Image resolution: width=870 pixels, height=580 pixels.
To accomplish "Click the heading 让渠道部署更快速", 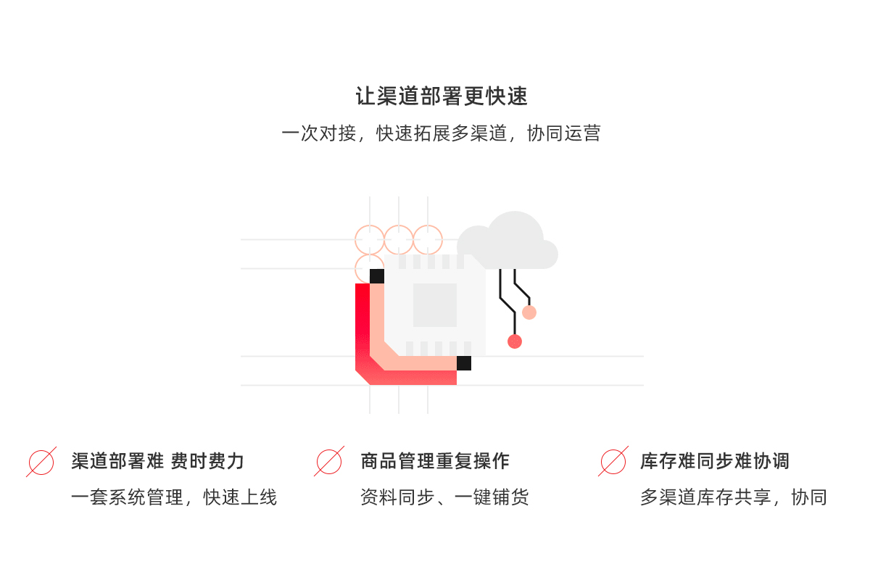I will pyautogui.click(x=441, y=96).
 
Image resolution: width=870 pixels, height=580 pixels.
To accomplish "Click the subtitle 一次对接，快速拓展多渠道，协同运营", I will pyautogui.click(x=441, y=133).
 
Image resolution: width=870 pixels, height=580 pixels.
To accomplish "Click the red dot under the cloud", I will pyautogui.click(x=515, y=341).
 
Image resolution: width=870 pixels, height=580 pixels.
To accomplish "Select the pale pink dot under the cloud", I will pyautogui.click(x=529, y=312).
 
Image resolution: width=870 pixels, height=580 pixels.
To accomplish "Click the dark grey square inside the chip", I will pyautogui.click(x=435, y=305).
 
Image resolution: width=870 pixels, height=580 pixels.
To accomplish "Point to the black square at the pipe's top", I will pyautogui.click(x=377, y=276).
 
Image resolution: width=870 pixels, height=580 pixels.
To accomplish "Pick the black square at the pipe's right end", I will pyautogui.click(x=464, y=363).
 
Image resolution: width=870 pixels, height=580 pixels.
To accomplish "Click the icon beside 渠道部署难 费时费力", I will pyautogui.click(x=41, y=461).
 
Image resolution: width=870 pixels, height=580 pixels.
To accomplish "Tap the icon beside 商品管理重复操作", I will pyautogui.click(x=329, y=461).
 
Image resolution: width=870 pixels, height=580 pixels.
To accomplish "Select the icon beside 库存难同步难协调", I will pyautogui.click(x=613, y=461).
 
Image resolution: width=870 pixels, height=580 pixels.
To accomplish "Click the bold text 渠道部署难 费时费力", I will pyautogui.click(x=157, y=461).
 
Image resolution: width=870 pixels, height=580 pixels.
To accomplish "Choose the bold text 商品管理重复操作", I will pyautogui.click(x=435, y=461).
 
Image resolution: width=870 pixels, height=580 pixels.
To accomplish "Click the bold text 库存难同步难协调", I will pyautogui.click(x=714, y=461).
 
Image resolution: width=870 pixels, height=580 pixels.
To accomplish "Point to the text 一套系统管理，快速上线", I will pyautogui.click(x=174, y=497).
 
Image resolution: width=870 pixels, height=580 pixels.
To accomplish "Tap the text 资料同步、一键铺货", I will pyautogui.click(x=444, y=497).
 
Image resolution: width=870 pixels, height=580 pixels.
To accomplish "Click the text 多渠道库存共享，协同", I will pyautogui.click(x=733, y=497).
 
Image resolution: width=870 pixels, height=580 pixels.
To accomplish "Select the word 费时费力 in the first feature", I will pyautogui.click(x=207, y=461).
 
